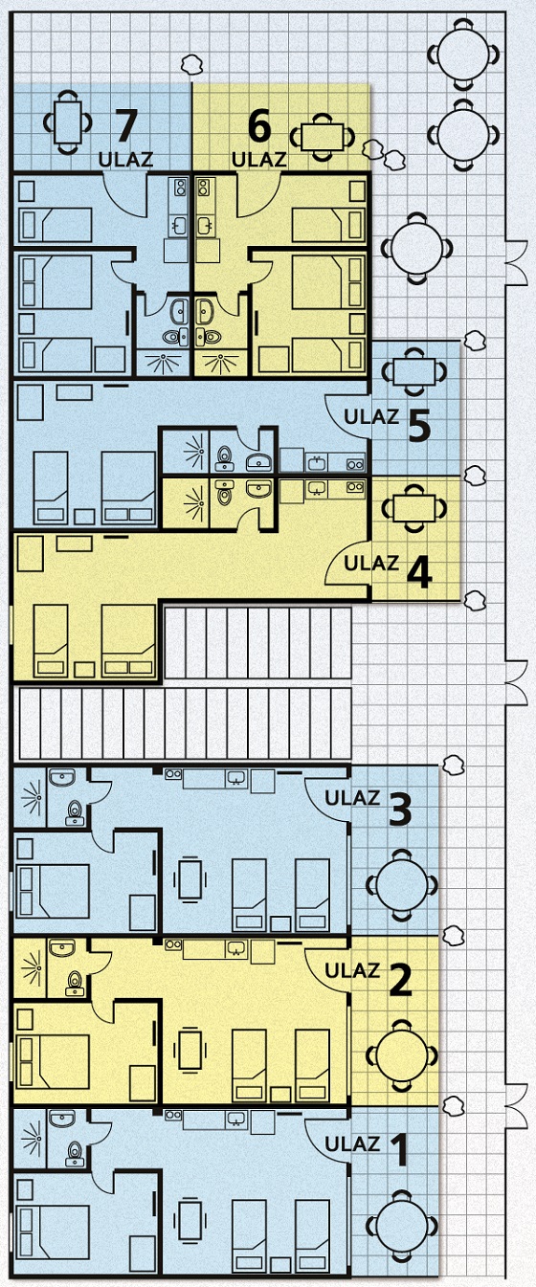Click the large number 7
click(127, 124)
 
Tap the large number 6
click(259, 125)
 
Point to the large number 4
click(420, 572)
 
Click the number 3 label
click(400, 809)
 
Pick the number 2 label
click(400, 980)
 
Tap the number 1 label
click(399, 1149)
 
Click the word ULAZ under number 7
click(125, 159)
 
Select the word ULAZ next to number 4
click(371, 563)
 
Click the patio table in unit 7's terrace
click(68, 122)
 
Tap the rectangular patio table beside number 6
click(323, 138)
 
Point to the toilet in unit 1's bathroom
click(75, 1154)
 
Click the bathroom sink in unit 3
click(62, 778)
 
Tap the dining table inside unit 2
click(190, 1050)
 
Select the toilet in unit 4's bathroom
click(225, 493)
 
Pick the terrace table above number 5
click(414, 371)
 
